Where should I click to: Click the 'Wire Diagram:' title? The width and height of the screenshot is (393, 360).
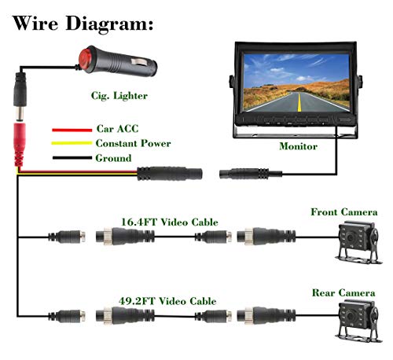pyautogui.click(x=83, y=24)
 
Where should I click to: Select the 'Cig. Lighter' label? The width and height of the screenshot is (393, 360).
pyautogui.click(x=119, y=96)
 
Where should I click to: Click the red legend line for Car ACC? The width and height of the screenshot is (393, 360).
pyautogui.click(x=72, y=130)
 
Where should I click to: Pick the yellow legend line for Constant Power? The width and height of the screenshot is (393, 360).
pyautogui.click(x=72, y=143)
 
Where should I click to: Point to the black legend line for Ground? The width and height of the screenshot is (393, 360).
pyautogui.click(x=72, y=158)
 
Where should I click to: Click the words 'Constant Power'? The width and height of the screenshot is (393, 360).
pyautogui.click(x=133, y=143)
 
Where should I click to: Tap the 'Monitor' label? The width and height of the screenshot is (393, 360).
pyautogui.click(x=298, y=146)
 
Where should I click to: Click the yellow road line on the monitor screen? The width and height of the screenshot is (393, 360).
pyautogui.click(x=299, y=102)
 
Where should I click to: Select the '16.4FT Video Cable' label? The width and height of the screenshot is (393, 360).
pyautogui.click(x=170, y=222)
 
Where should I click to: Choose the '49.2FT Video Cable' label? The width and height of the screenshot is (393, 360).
pyautogui.click(x=167, y=301)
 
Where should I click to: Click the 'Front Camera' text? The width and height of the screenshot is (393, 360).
pyautogui.click(x=344, y=212)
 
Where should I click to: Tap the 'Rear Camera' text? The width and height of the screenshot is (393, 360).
pyautogui.click(x=343, y=292)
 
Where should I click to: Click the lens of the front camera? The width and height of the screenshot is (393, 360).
pyautogui.click(x=350, y=237)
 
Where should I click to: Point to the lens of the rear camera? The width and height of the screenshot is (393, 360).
pyautogui.click(x=350, y=316)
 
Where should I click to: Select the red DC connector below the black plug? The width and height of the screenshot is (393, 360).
pyautogui.click(x=20, y=145)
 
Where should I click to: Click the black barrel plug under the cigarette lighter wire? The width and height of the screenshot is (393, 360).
pyautogui.click(x=20, y=97)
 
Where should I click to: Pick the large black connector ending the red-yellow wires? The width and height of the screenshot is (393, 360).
pyautogui.click(x=170, y=173)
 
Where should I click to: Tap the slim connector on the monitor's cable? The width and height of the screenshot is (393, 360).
pyautogui.click(x=250, y=173)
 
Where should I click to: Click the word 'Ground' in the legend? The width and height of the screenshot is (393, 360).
pyautogui.click(x=113, y=158)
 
